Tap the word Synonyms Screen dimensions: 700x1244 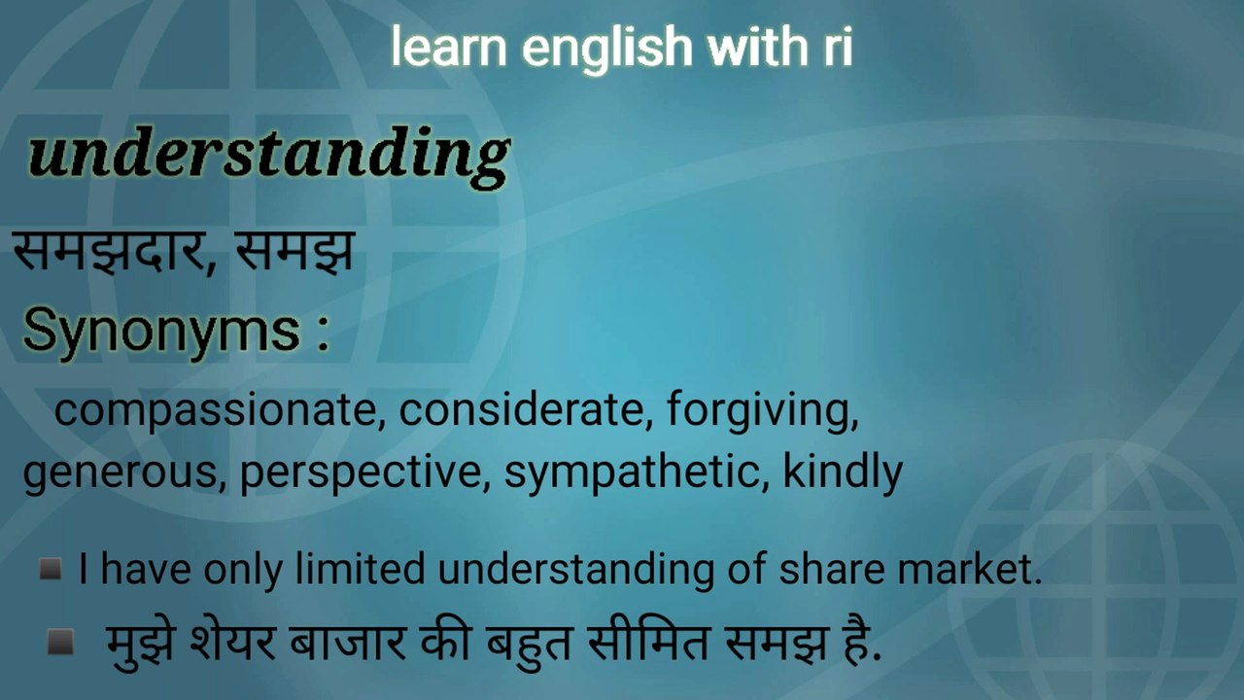[x=162, y=331]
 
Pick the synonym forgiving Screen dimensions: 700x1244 [x=762, y=412]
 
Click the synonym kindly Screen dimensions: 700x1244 [x=843, y=473]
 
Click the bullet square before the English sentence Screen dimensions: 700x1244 [x=51, y=569]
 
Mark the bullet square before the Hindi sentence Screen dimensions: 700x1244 [x=60, y=641]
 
